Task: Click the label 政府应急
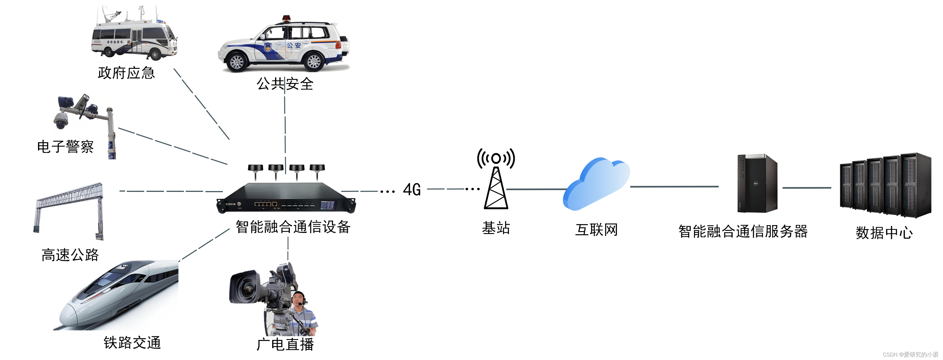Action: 126,73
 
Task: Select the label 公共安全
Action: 285,84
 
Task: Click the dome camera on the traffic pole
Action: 61,120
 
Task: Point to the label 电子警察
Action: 65,147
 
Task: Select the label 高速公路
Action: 70,255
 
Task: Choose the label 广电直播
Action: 285,344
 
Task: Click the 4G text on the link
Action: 412,190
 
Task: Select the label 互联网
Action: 596,230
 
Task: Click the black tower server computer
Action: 757,183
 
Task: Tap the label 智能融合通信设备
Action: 293,227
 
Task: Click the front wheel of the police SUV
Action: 237,62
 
